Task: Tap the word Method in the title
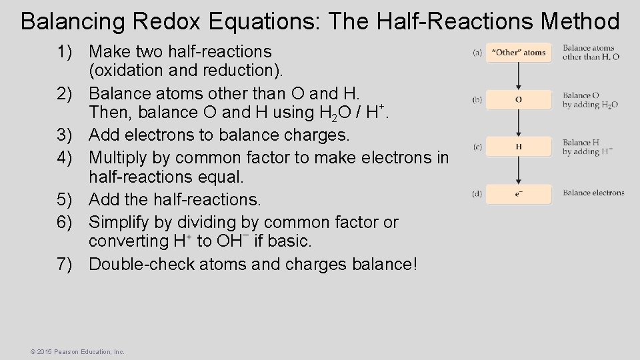pyautogui.click(x=580, y=21)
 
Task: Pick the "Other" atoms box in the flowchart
pyautogui.click(x=519, y=53)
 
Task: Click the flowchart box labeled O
pyautogui.click(x=519, y=100)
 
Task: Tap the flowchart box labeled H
pyautogui.click(x=519, y=147)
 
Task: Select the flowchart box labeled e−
pyautogui.click(x=519, y=194)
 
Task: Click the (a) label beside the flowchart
pyautogui.click(x=477, y=53)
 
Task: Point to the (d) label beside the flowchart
pyautogui.click(x=477, y=194)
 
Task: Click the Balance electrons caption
pyautogui.click(x=593, y=193)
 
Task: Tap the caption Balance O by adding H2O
pyautogui.click(x=590, y=100)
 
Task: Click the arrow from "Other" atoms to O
pyautogui.click(x=519, y=77)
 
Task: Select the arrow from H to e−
pyautogui.click(x=519, y=171)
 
